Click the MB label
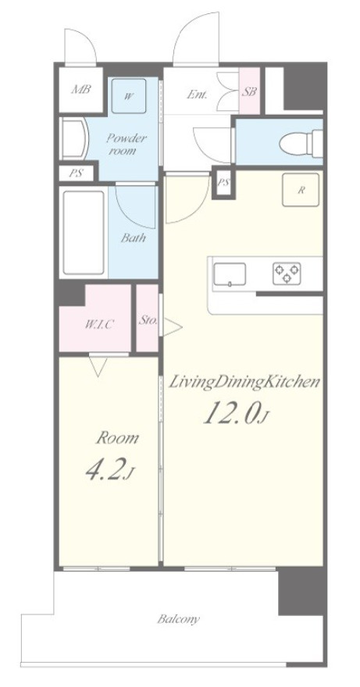(x=81, y=90)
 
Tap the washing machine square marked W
(x=128, y=96)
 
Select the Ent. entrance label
(x=197, y=94)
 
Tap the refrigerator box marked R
(x=301, y=190)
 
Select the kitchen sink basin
(x=230, y=275)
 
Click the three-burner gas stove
(x=287, y=273)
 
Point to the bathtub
(x=84, y=232)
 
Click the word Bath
(x=134, y=238)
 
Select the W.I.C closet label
(x=99, y=325)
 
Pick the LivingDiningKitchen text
(x=244, y=382)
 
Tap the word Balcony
(x=179, y=619)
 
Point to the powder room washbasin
(x=75, y=139)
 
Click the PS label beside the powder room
(x=77, y=173)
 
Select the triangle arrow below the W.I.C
(x=98, y=367)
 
